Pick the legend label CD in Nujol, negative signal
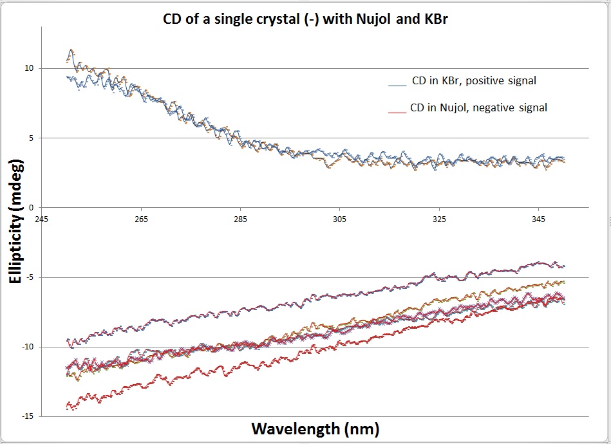(479, 108)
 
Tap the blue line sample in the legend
(397, 84)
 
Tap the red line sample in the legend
(399, 111)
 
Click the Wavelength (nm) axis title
(315, 428)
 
